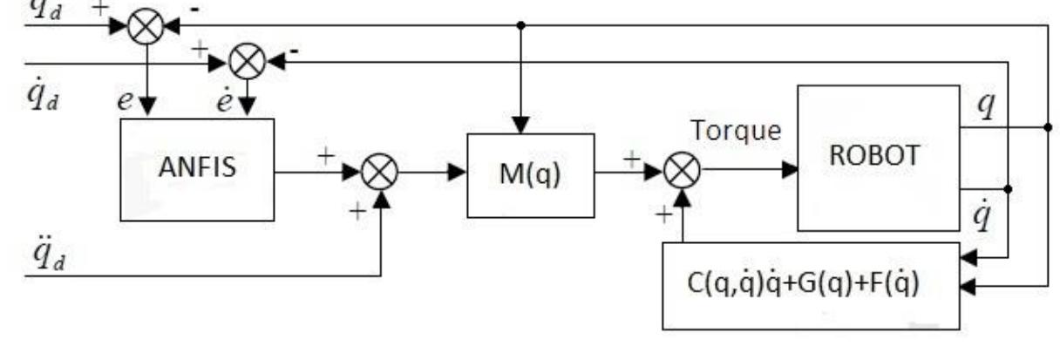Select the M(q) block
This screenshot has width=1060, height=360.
530,175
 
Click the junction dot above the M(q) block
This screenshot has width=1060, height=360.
520,25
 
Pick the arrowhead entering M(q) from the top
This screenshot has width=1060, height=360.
520,127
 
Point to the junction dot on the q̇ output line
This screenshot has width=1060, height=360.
1009,188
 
